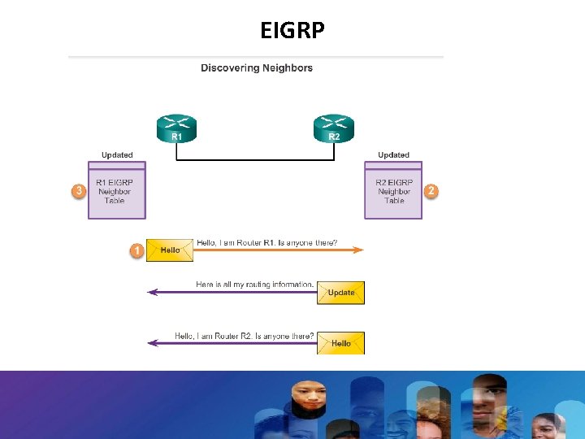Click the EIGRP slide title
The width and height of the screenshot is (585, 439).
[x=292, y=31]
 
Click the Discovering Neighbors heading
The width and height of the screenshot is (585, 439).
[x=257, y=68]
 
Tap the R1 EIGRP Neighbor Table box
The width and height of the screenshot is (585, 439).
[x=116, y=191]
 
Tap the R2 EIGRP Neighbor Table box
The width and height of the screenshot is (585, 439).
[x=393, y=191]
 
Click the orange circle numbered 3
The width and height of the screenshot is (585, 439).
[x=79, y=191]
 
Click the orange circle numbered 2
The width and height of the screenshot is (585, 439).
[x=431, y=191]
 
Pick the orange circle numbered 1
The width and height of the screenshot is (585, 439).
[x=136, y=250]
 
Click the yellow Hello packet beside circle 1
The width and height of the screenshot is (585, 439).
[x=170, y=250]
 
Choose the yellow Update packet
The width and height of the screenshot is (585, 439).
[x=340, y=293]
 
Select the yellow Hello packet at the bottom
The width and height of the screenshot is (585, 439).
[x=340, y=343]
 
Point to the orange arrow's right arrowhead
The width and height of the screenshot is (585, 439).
[x=360, y=250]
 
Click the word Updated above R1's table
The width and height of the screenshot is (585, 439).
[x=117, y=154]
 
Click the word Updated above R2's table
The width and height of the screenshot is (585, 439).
[x=393, y=154]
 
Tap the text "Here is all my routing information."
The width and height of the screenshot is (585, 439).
[x=254, y=285]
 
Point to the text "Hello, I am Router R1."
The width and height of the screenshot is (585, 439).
[x=236, y=242]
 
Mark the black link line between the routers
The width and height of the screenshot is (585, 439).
[x=255, y=160]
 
